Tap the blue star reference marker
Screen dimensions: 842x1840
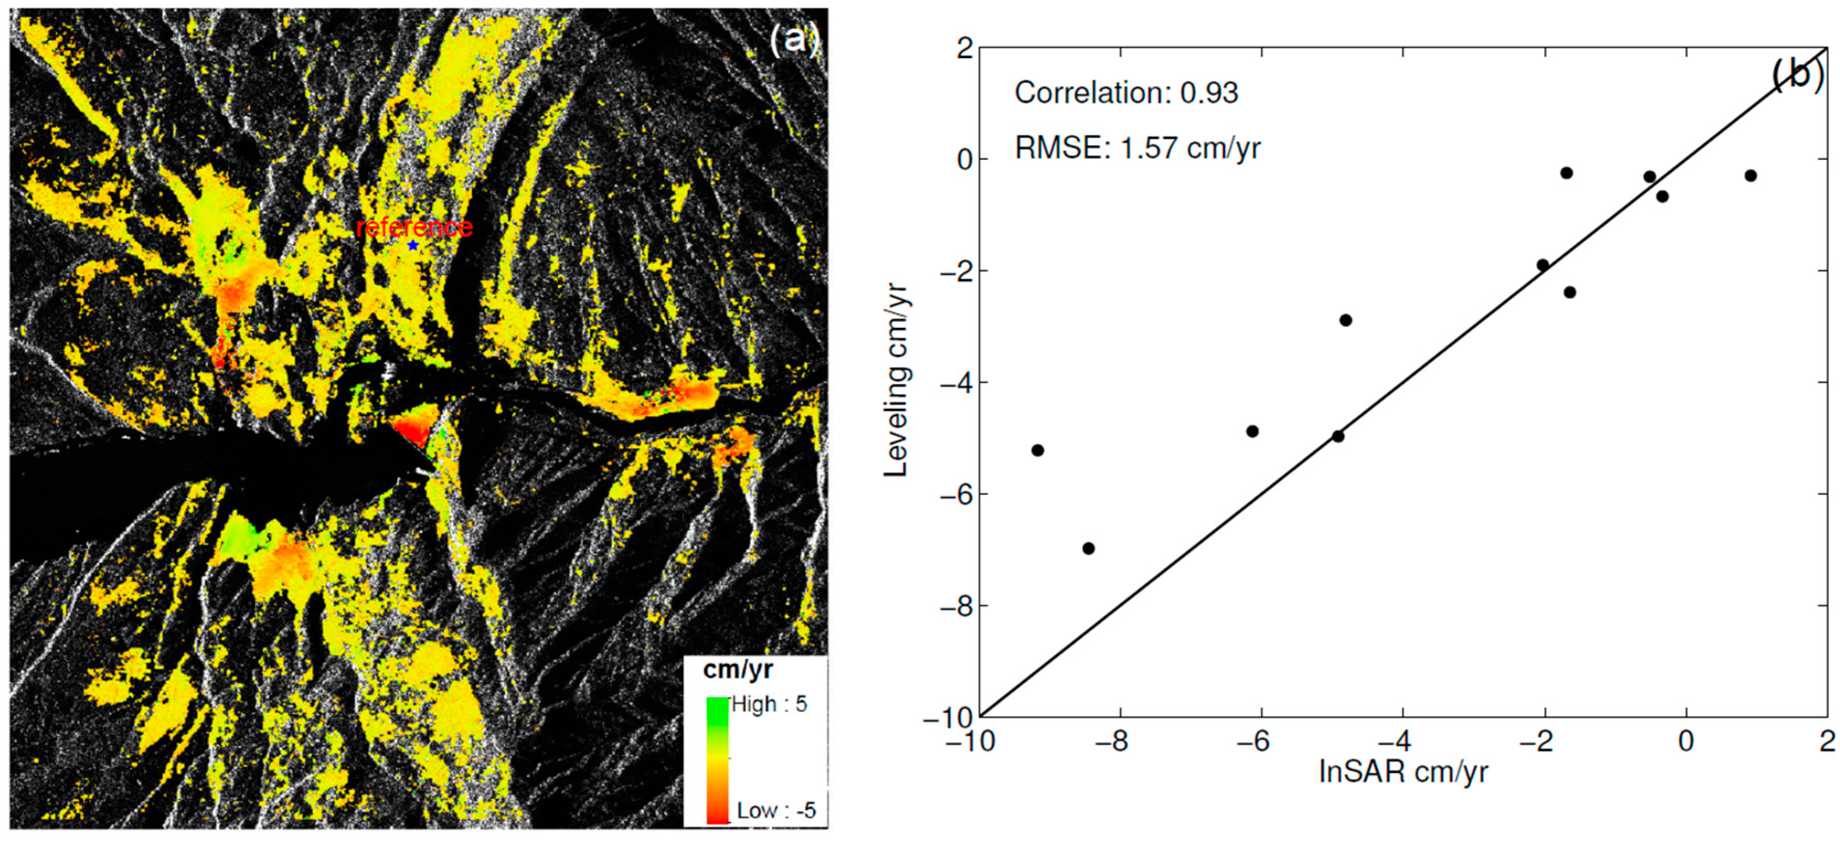pos(413,245)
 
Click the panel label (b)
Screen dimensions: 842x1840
pos(1798,74)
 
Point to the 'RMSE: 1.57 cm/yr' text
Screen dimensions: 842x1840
pos(1137,148)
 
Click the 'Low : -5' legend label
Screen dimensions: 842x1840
pos(776,810)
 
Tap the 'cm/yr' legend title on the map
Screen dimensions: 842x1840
pos(738,669)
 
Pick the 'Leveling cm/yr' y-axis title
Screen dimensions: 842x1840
pos(896,380)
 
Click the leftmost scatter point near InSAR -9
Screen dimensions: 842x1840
pos(1038,450)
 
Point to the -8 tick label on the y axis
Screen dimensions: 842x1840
pos(956,606)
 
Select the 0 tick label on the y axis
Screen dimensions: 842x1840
pos(964,159)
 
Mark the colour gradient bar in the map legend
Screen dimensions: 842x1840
pos(717,760)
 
